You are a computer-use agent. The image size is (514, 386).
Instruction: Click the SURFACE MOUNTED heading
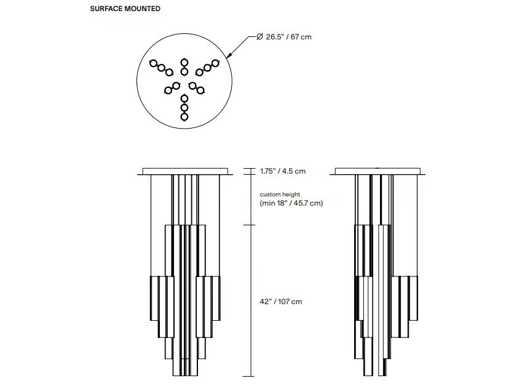125,9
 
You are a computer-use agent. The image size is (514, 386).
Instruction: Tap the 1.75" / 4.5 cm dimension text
283,171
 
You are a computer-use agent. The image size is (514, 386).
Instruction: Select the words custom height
280,195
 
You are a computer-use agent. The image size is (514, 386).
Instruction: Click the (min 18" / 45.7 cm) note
291,203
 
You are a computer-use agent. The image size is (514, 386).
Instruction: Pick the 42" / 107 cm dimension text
281,302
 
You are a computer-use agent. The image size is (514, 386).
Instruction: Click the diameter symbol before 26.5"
259,36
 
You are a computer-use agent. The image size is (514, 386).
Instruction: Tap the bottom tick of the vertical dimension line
248,377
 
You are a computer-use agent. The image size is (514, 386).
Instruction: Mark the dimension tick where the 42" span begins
248,225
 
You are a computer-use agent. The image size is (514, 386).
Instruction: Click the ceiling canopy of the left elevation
185,171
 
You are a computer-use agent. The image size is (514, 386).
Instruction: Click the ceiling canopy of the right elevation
378,171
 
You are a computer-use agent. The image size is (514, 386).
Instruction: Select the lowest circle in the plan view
184,117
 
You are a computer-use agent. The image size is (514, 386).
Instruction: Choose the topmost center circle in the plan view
184,62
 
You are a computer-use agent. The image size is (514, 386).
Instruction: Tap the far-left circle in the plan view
154,63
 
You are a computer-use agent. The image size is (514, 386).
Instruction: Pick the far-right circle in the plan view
215,63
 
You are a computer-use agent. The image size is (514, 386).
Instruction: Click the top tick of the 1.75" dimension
248,169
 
